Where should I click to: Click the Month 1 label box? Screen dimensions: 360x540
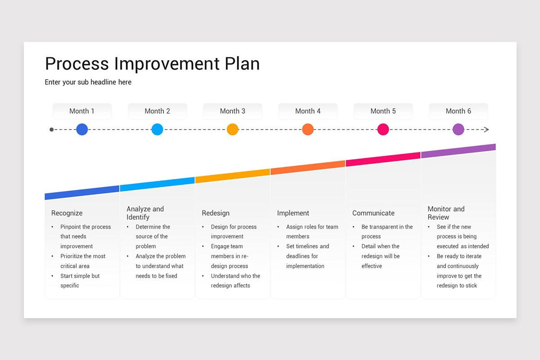[82, 111]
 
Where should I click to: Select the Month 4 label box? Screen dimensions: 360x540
[308, 111]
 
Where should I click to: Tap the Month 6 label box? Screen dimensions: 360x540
[458, 111]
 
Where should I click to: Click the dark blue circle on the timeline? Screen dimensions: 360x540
[82, 130]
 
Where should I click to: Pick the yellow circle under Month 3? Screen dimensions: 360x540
[232, 130]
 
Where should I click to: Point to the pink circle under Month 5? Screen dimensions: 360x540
[383, 130]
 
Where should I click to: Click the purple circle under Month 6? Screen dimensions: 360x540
[458, 130]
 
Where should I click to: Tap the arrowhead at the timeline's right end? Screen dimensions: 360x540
[486, 130]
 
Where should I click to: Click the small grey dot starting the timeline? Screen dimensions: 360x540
[51, 130]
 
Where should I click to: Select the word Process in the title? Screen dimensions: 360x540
[77, 64]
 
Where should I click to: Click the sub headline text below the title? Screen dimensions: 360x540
[88, 82]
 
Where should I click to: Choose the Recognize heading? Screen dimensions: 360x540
[67, 213]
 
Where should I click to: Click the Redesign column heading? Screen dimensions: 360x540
[216, 213]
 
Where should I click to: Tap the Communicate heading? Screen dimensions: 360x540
[373, 213]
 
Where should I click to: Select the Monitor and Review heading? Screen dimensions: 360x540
[446, 213]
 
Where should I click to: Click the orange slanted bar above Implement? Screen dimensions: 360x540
[308, 167]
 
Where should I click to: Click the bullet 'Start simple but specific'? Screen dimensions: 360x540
[80, 281]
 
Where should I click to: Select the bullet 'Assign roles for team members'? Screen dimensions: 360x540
[312, 232]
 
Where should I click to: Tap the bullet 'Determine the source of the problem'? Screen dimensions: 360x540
[153, 237]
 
